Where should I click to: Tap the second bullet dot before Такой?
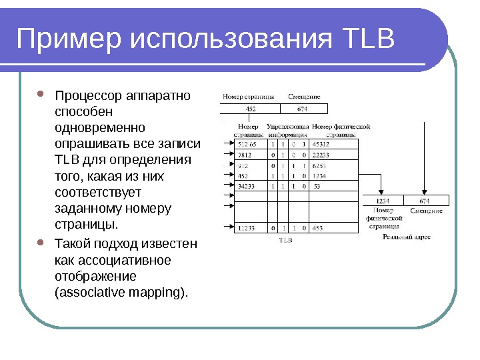[41, 243]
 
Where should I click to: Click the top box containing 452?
[250, 109]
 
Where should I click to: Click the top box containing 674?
[302, 109]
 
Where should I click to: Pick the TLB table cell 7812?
[246, 155]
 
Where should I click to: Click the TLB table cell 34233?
[247, 186]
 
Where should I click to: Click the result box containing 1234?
[383, 200]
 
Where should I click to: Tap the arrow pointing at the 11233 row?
[227, 228]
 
